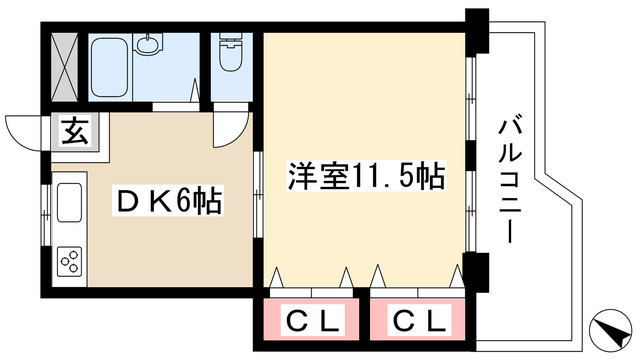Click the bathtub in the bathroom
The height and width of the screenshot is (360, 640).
pos(110,67)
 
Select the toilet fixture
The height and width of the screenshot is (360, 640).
pos(231,52)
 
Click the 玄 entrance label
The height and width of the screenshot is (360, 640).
pos(75,131)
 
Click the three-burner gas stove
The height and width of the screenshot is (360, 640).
pos(69,261)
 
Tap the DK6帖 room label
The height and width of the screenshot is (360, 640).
pos(168,200)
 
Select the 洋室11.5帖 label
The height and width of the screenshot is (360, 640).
pos(366,176)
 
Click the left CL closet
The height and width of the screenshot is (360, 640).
pos(311,319)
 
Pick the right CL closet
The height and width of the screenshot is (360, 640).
pos(418,319)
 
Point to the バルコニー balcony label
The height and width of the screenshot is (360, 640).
pos(510,182)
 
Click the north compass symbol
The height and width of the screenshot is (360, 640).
pos(611,329)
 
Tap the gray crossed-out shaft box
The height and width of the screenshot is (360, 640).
pos(64,67)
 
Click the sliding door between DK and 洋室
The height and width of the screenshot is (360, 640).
pos(258,195)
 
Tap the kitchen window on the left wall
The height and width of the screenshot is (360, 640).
pos(46,215)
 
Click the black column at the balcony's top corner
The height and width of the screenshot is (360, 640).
pos(478,31)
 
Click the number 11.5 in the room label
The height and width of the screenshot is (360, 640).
pos(383,177)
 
